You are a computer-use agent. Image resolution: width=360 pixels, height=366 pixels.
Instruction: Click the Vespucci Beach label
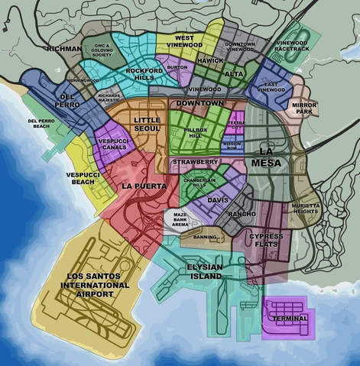coord(79,177)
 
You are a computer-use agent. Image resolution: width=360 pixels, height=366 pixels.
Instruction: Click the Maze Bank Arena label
coord(180,220)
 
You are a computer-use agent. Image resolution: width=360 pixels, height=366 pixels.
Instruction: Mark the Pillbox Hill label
coord(197,134)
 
